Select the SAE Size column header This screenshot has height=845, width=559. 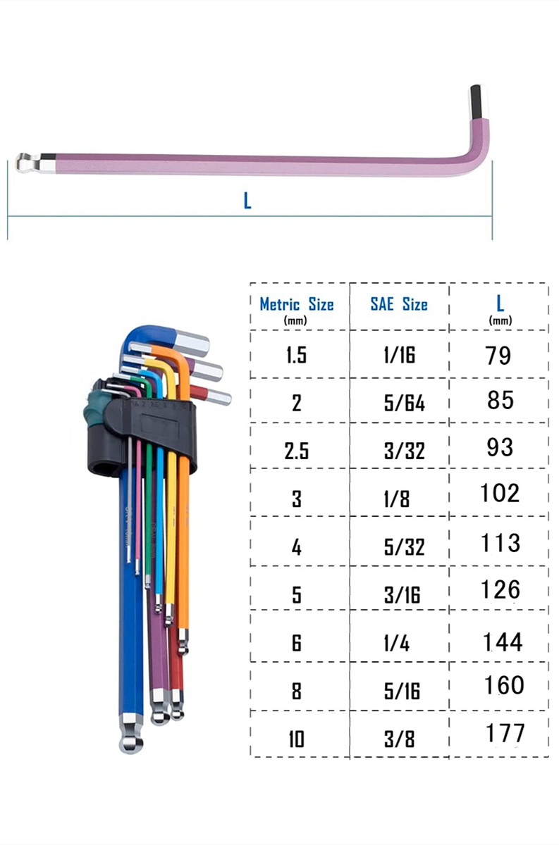pyautogui.click(x=399, y=304)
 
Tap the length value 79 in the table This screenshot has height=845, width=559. pyautogui.click(x=498, y=356)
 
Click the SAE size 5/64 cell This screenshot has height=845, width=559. pyautogui.click(x=405, y=403)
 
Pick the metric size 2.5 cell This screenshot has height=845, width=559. pyautogui.click(x=297, y=451)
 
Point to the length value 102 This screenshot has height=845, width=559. pyautogui.click(x=500, y=493)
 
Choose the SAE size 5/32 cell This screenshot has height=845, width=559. pyautogui.click(x=405, y=547)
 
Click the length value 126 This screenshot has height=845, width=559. pyautogui.click(x=500, y=589)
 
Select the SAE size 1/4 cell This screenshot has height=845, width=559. pyautogui.click(x=397, y=643)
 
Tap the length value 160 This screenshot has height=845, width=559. pyautogui.click(x=504, y=685)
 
